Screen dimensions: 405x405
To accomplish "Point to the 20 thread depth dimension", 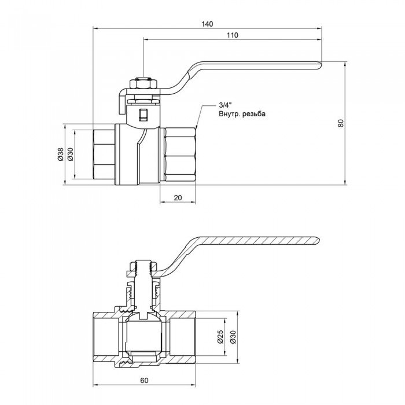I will (178, 198).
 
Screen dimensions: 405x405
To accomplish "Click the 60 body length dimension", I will (143, 380).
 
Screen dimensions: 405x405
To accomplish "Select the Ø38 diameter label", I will (60, 154).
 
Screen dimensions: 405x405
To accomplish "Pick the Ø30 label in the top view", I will (71, 154).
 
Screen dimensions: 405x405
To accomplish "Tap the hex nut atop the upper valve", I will (142, 84).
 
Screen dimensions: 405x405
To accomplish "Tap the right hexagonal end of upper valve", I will (179, 154).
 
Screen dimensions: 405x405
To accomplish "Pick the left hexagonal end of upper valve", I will (104, 154).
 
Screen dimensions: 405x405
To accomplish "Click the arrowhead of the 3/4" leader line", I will (197, 126).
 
